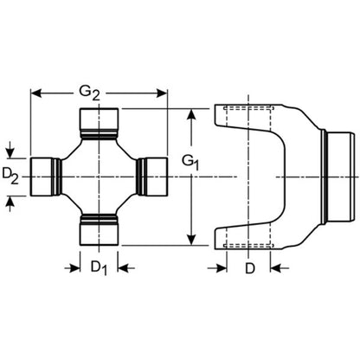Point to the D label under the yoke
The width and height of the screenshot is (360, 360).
click(x=249, y=268)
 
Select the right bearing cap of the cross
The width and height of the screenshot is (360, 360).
click(x=152, y=177)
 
